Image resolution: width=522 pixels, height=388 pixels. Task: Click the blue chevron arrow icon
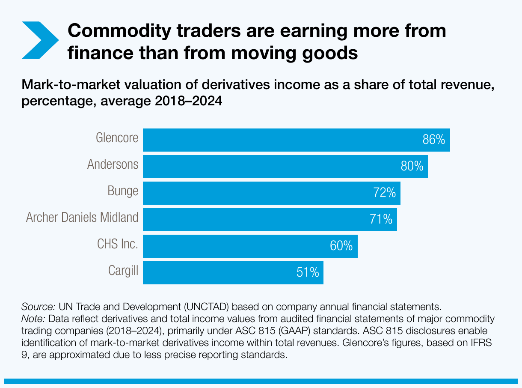click(40, 40)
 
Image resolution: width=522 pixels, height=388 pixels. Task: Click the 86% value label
click(434, 140)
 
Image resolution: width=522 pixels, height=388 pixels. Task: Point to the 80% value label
click(412, 166)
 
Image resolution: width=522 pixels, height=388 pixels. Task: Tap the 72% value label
click(384, 193)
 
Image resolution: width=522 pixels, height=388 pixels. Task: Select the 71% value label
click(381, 219)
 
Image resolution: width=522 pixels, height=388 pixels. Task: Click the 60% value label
click(341, 246)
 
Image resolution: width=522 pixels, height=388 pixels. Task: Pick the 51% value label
click(308, 272)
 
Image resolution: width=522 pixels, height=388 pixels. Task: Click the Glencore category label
click(117, 138)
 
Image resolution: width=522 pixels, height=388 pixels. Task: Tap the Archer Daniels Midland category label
click(82, 218)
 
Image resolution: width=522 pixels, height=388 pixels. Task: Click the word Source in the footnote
click(38, 307)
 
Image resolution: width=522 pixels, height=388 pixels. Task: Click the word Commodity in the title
click(121, 31)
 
